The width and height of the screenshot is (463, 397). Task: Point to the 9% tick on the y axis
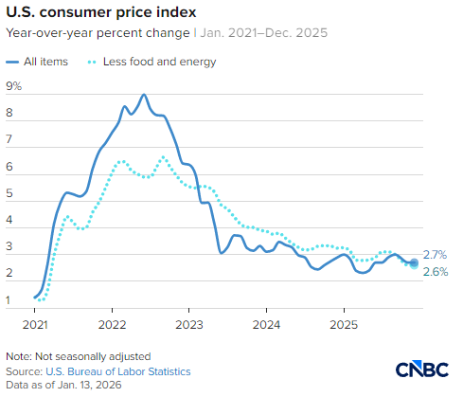(x=13, y=86)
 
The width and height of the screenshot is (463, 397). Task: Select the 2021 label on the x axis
(x=34, y=322)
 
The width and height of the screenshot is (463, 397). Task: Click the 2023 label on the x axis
(x=188, y=322)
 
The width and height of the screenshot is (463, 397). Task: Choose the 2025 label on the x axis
(x=343, y=322)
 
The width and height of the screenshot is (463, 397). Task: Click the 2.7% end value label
(x=435, y=255)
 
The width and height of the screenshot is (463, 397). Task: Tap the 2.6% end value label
(x=435, y=272)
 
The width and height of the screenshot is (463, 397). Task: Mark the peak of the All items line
(x=143, y=95)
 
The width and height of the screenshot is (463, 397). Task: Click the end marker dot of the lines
(x=414, y=262)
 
